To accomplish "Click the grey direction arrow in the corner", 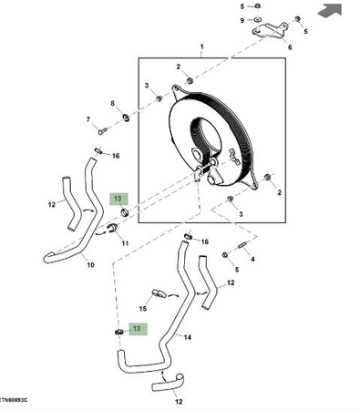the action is click(x=330, y=11).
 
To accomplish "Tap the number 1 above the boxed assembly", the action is click(x=202, y=47).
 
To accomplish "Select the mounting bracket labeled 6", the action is click(x=270, y=30).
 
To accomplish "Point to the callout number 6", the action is click(x=290, y=47).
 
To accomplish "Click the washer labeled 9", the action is click(x=257, y=20).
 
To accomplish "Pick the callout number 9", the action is click(x=242, y=20).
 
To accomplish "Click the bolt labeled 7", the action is click(x=103, y=131).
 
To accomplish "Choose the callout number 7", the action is click(x=88, y=119).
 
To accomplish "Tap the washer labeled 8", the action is click(x=125, y=117).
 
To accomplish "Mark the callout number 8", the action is click(x=113, y=104).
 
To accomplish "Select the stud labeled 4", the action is click(x=243, y=245).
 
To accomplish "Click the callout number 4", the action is click(x=252, y=260).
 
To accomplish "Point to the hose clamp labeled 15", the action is click(x=159, y=293).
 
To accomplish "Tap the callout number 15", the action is click(x=143, y=309).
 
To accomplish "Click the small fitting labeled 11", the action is click(x=113, y=228).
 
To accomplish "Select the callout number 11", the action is click(x=125, y=243).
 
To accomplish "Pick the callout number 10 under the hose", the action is click(x=90, y=265).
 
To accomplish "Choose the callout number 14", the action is click(x=188, y=337).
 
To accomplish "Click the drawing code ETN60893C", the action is click(x=14, y=400).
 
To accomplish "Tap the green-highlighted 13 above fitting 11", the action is click(x=118, y=199).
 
